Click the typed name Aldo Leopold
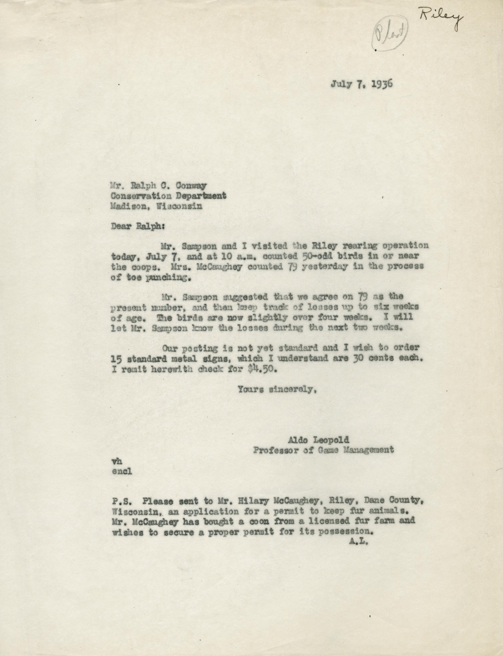318,440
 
